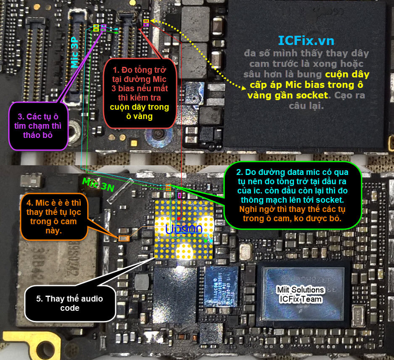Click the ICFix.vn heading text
[x=306, y=40]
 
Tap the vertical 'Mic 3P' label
[x=75, y=52]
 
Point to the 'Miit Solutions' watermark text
[x=300, y=290]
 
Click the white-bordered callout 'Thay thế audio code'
[x=69, y=303]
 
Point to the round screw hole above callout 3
[x=75, y=127]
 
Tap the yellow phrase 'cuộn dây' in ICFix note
[x=347, y=74]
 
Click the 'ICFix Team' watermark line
[x=300, y=299]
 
